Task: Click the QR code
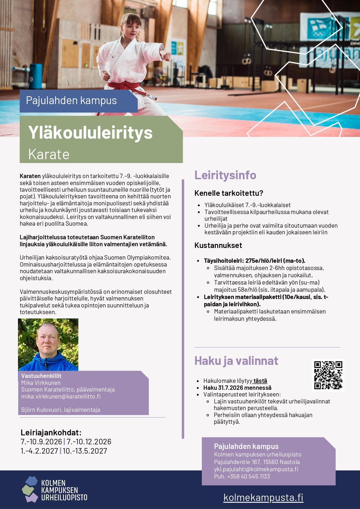tap(328, 375)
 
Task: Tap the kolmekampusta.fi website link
tap(263, 497)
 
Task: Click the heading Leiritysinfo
tap(225, 175)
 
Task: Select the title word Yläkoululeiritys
tap(90, 133)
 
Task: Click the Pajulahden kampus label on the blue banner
tap(71, 101)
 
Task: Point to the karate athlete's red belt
tap(124, 86)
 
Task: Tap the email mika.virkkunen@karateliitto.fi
tap(61, 396)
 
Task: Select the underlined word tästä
tap(260, 381)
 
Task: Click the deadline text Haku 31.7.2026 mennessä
tap(237, 388)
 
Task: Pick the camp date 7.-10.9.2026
tap(41, 442)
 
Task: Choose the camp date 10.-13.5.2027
tap(85, 451)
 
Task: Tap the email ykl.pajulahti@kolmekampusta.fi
tap(256, 469)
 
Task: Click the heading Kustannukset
tap(218, 245)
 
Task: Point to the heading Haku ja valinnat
tap(236, 361)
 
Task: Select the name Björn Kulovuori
tap(41, 410)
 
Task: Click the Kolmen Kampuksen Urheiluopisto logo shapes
tap(30, 489)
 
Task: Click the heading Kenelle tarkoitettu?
tap(229, 193)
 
